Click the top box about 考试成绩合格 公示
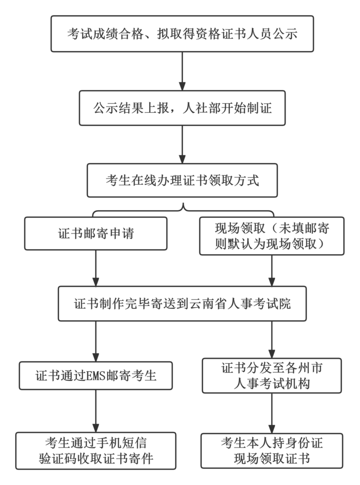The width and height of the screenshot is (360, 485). [182, 34]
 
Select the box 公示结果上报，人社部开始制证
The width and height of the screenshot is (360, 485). [182, 108]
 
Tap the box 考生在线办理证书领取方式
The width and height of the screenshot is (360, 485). [182, 180]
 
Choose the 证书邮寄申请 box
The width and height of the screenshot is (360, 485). [96, 234]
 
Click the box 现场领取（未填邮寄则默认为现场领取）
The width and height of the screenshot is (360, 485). [271, 236]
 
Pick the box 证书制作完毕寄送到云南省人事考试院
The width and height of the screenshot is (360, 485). [182, 304]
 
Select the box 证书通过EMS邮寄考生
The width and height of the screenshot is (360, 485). [96, 376]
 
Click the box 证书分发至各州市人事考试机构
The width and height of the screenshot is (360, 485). [271, 376]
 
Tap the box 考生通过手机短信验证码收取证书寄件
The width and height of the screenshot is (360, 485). [96, 450]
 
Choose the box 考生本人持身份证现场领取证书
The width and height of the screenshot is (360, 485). [271, 450]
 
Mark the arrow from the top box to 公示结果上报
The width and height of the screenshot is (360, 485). [182, 71]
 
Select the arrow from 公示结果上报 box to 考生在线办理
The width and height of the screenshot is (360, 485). [182, 144]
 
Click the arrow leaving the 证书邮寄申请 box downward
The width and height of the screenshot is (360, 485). [96, 268]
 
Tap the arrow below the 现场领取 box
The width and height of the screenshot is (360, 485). [271, 270]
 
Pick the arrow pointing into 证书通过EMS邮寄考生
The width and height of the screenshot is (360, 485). [96, 341]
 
